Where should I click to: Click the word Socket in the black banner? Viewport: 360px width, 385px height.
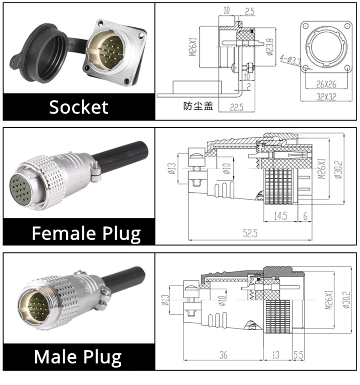click(78, 107)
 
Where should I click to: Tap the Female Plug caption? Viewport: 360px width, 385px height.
click(86, 233)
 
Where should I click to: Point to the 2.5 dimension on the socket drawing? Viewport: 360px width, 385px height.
click(250, 12)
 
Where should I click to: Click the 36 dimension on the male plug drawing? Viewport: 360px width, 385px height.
click(223, 355)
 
